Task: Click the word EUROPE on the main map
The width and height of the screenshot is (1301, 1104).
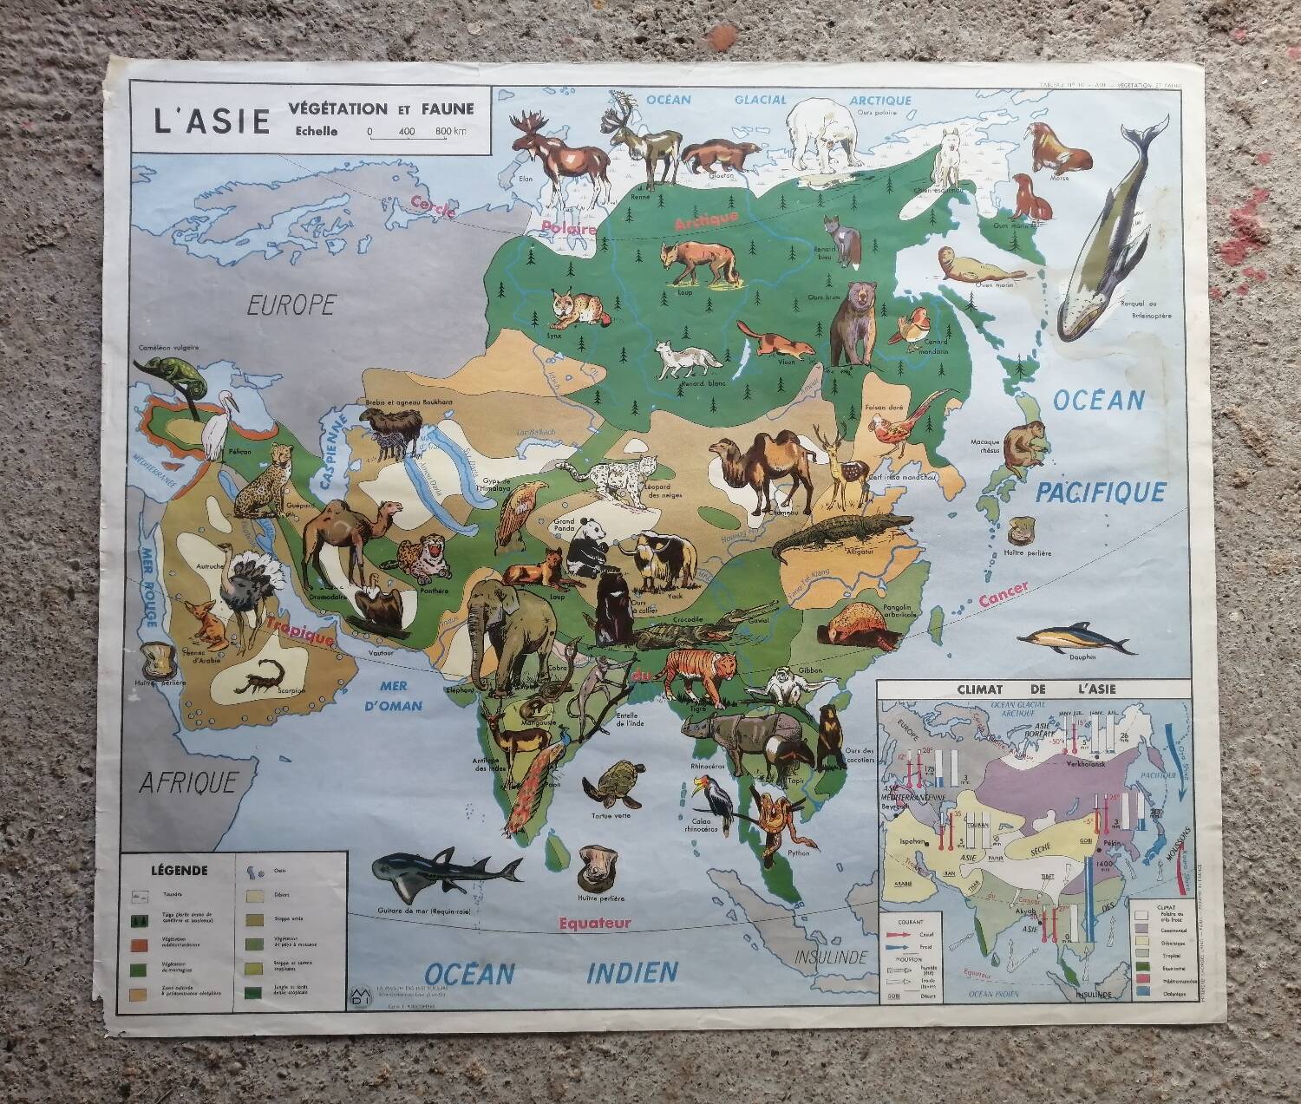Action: [x=291, y=304]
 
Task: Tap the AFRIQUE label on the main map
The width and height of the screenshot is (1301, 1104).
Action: [x=188, y=783]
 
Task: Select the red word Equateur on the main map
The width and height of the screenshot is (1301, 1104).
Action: [x=595, y=923]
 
